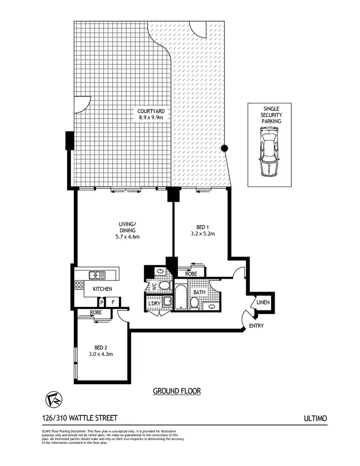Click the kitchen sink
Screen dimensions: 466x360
point(97,275)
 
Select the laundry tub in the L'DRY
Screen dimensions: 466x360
point(168,302)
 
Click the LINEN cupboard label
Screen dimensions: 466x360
point(263,303)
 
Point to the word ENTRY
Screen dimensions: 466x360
point(256,326)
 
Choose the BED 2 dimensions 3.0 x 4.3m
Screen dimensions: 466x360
point(100,355)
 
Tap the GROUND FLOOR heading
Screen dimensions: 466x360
point(177,391)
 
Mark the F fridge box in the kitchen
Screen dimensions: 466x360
point(113,303)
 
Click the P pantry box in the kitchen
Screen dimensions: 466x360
point(102,303)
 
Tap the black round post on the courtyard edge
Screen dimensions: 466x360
point(224,148)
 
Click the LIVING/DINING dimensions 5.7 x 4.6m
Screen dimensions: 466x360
point(126,236)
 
